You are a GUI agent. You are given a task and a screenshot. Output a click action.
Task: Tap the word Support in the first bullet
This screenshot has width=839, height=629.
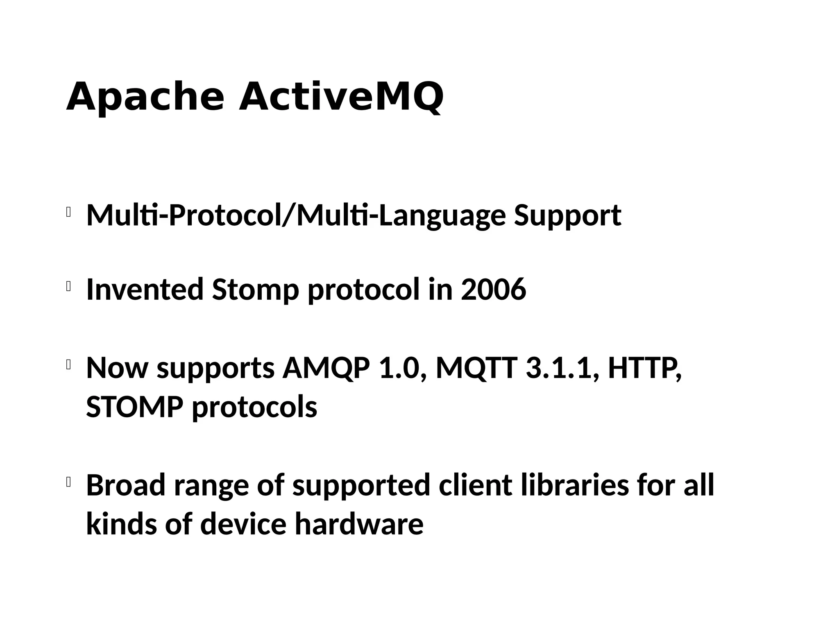567,216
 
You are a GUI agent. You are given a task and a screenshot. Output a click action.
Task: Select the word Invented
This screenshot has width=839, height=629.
145,289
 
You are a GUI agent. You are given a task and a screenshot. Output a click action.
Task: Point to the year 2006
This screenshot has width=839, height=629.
493,289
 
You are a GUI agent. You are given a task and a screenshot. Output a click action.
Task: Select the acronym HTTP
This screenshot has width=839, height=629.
645,368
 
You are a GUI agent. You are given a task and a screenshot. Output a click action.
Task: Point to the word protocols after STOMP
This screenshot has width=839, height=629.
254,408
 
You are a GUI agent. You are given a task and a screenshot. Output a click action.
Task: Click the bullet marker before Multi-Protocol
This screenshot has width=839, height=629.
68,212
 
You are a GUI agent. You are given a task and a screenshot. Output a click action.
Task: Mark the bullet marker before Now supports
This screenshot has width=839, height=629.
68,364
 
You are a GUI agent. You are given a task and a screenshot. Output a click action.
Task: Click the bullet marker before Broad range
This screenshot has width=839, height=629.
68,482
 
